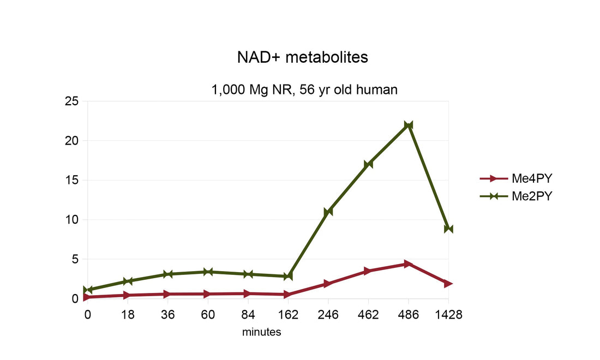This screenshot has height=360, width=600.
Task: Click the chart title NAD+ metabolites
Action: click(x=303, y=57)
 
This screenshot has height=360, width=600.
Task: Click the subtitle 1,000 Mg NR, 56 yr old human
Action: click(x=304, y=90)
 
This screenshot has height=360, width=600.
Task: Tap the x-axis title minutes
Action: click(x=262, y=332)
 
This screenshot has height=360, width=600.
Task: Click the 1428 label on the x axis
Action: click(x=448, y=315)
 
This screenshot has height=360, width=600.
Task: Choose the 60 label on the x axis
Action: click(x=208, y=315)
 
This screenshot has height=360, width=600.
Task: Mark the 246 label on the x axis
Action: click(x=328, y=315)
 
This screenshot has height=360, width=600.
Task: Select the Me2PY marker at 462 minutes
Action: click(x=368, y=164)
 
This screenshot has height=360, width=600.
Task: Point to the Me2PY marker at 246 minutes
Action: click(x=328, y=212)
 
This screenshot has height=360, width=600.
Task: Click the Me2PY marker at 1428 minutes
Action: click(x=448, y=229)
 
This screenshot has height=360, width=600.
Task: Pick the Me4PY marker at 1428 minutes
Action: click(x=448, y=284)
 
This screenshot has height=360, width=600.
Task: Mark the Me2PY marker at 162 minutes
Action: click(x=288, y=277)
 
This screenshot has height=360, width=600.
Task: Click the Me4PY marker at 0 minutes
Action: click(x=87, y=297)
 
